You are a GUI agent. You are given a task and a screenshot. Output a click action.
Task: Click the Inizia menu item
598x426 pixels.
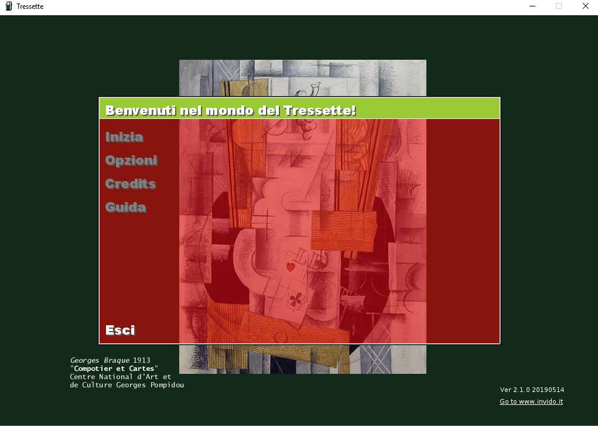(x=124, y=137)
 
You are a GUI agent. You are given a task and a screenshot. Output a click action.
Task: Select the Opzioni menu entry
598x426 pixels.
(x=131, y=161)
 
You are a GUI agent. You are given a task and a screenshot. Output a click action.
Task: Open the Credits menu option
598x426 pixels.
(x=131, y=184)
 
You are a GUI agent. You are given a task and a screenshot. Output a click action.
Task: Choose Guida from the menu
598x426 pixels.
(x=126, y=207)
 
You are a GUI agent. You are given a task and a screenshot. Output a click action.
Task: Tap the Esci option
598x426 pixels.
(x=120, y=330)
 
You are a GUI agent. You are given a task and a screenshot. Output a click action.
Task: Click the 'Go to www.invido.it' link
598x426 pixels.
(x=531, y=401)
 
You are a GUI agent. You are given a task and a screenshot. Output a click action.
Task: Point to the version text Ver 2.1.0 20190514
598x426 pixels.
(x=532, y=390)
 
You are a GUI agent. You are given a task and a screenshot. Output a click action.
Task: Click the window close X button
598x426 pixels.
(x=586, y=6)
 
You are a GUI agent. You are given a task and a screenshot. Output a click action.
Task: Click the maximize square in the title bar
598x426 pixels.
(x=559, y=6)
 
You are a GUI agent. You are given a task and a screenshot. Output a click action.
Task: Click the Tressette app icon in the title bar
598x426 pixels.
(x=9, y=6)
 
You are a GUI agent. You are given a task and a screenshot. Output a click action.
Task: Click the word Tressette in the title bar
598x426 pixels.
(x=30, y=6)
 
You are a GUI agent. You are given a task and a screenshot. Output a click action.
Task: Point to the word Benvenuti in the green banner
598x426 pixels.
(x=141, y=111)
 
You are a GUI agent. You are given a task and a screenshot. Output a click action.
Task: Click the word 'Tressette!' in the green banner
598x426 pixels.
(x=320, y=111)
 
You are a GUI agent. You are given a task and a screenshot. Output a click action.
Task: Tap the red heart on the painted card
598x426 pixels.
(x=291, y=267)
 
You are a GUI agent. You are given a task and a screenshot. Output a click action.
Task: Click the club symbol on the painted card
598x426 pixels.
(x=296, y=299)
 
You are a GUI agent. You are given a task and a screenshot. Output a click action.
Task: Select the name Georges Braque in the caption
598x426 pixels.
(x=100, y=361)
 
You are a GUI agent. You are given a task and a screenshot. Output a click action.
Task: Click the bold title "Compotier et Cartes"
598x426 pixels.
(x=114, y=369)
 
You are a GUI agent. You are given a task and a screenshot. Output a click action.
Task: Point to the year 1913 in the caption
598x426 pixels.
(x=142, y=360)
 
